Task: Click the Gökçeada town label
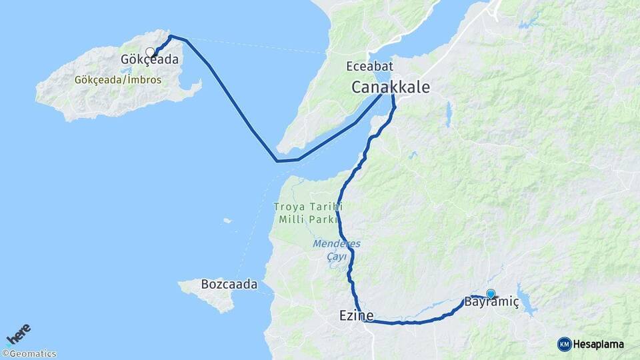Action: pos(149,60)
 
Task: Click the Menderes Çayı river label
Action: pos(328,249)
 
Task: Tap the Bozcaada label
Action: pos(229,285)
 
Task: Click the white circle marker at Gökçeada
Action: pos(150,51)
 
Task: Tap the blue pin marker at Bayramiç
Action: pos(491,293)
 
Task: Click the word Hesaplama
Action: pos(599,344)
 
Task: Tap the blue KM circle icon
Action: pos(564,344)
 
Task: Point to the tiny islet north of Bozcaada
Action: pos(227,221)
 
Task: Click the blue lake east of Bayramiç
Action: pos(529,305)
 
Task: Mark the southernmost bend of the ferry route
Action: pos(277,161)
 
